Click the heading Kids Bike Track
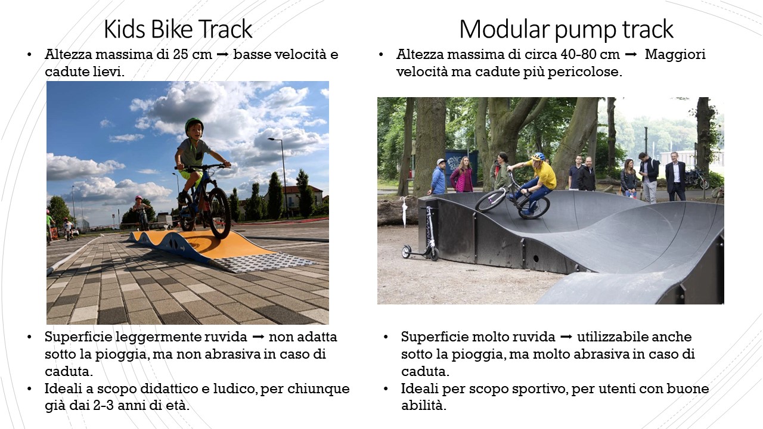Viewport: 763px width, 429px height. [178, 29]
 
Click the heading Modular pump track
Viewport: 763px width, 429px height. [566, 29]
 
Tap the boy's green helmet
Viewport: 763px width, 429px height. [194, 125]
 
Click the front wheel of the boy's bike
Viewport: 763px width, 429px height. [220, 213]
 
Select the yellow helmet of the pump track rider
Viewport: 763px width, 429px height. [538, 157]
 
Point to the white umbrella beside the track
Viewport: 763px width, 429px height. [404, 211]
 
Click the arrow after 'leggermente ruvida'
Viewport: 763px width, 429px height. [258, 337]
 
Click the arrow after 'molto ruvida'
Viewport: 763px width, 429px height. [566, 337]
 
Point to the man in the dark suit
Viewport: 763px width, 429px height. [675, 176]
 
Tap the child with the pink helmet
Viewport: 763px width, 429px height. [140, 212]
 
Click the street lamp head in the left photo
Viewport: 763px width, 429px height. [271, 139]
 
